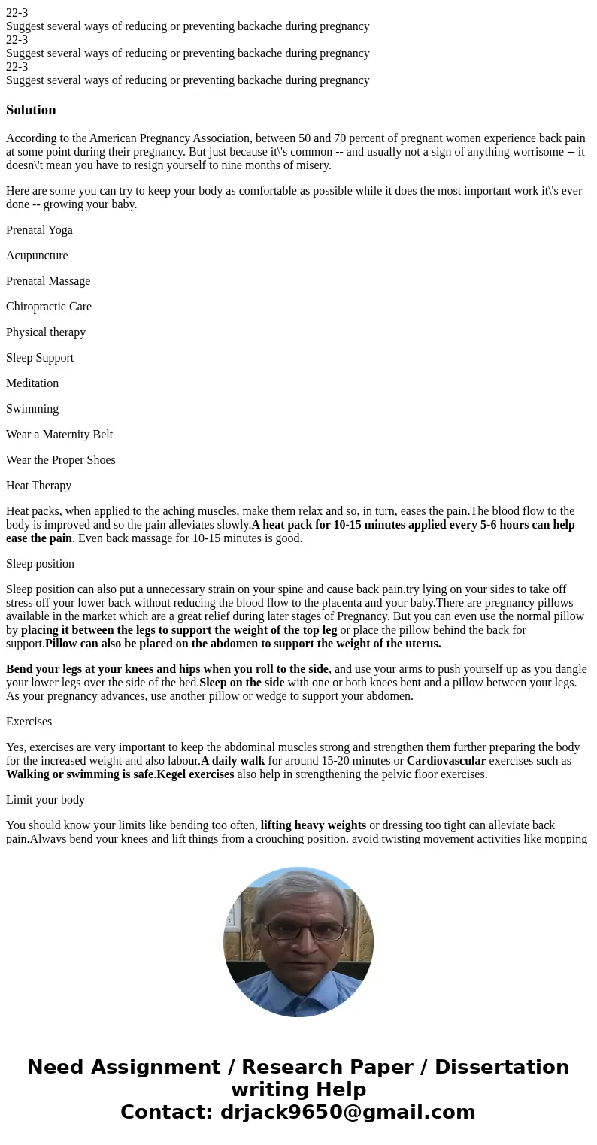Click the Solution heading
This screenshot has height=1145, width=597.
[x=31, y=110]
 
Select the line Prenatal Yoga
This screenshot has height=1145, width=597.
[x=39, y=230]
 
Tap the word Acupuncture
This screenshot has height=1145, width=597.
[x=37, y=256]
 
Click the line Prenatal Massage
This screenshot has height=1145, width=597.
[x=48, y=281]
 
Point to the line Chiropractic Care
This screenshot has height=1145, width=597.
[x=49, y=307]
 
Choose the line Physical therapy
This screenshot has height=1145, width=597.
[x=46, y=332]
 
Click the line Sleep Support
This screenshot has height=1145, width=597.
[x=40, y=358]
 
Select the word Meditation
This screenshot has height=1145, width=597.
[x=32, y=383]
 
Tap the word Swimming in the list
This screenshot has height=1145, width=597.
[x=32, y=409]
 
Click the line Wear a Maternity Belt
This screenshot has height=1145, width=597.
[x=59, y=435]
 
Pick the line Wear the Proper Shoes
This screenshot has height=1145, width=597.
[x=61, y=460]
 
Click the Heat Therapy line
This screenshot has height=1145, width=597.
[x=38, y=486]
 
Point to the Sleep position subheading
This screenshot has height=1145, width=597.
[x=40, y=564]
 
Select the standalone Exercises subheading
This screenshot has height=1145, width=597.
[x=29, y=722]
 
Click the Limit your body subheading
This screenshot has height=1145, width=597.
[x=45, y=800]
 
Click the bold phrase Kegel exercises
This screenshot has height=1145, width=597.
[x=195, y=774]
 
